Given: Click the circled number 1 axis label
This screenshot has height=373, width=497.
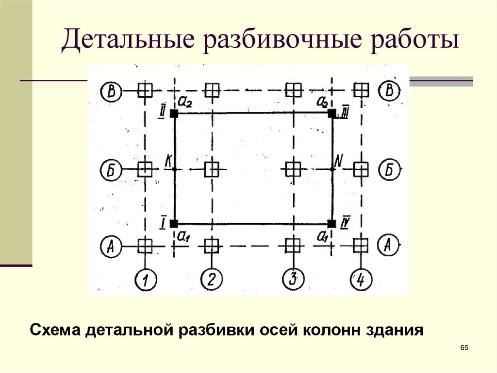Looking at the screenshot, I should (145, 280).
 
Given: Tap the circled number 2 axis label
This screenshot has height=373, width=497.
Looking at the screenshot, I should (211, 280).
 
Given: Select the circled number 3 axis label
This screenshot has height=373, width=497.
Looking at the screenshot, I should (292, 280).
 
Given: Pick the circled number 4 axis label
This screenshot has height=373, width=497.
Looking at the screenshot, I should (360, 280).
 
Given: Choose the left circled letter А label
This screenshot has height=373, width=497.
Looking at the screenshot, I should (111, 246).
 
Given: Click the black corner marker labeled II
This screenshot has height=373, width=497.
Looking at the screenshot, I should (175, 114).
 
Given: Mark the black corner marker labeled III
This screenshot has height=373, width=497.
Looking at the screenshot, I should (332, 114).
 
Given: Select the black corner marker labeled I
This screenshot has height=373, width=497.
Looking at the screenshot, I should (175, 224).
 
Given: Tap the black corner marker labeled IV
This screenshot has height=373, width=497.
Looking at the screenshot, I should (332, 224).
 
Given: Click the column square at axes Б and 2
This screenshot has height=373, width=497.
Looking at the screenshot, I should (211, 170).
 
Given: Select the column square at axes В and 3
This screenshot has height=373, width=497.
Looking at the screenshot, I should (292, 90).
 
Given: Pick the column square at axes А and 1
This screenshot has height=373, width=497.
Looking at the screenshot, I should (145, 246).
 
